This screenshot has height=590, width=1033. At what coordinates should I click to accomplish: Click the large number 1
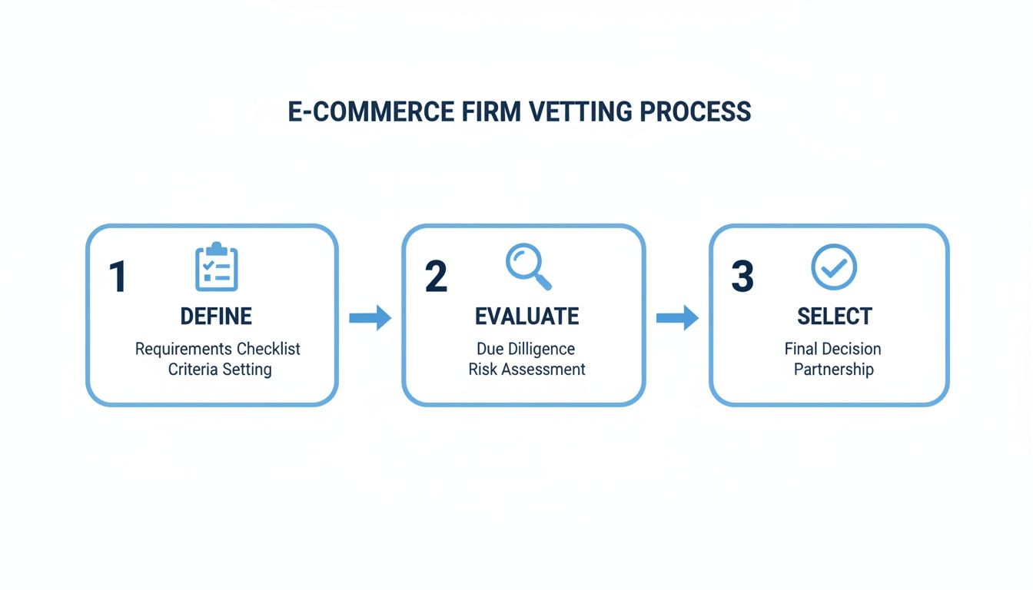tap(118, 277)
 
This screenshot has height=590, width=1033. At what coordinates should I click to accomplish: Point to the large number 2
tap(436, 277)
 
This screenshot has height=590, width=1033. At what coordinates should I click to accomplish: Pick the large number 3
tap(742, 277)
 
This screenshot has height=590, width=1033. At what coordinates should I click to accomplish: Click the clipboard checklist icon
tap(217, 267)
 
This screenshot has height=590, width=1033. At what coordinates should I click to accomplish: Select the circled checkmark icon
tap(834, 267)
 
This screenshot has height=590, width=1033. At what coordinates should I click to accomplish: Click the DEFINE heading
tap(216, 317)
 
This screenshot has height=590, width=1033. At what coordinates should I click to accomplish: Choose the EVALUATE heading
tap(526, 317)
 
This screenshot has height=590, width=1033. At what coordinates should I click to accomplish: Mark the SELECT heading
tap(834, 317)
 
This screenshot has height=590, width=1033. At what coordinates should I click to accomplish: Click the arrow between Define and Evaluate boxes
tap(370, 318)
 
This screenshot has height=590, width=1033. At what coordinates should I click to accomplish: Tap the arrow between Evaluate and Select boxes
tap(677, 318)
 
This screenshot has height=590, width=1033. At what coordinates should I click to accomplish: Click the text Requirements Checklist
tap(218, 349)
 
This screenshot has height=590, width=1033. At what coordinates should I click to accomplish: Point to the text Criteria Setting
tap(220, 370)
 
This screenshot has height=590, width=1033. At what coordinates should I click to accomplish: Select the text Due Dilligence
tap(526, 349)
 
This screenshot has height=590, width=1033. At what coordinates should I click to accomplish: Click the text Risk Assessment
tap(526, 370)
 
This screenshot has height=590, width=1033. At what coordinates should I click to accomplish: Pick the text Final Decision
tap(832, 349)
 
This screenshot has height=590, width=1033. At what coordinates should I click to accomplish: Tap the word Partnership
tap(833, 370)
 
